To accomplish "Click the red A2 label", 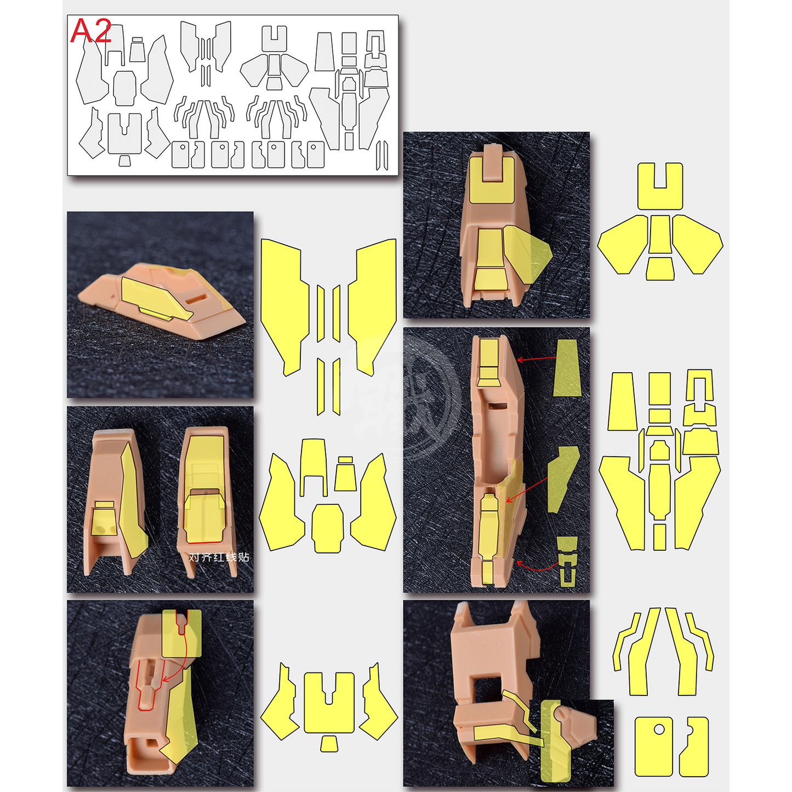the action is (x=91, y=31).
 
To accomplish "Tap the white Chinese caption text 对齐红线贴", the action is (x=219, y=557).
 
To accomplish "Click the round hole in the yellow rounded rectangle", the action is (x=659, y=730).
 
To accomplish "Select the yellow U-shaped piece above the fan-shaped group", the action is (x=660, y=186).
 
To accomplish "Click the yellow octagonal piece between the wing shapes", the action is (x=328, y=528).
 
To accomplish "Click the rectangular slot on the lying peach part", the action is (x=196, y=298).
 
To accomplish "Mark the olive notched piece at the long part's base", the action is (x=568, y=560).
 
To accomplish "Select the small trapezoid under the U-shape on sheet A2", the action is (x=124, y=160).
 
